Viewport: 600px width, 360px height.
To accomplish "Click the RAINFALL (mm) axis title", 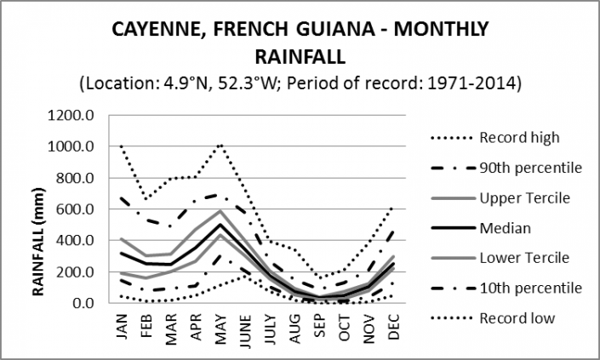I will click(x=39, y=209).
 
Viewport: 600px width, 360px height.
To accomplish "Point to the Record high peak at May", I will click(x=220, y=144).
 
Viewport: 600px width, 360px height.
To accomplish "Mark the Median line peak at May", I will click(x=220, y=225).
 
